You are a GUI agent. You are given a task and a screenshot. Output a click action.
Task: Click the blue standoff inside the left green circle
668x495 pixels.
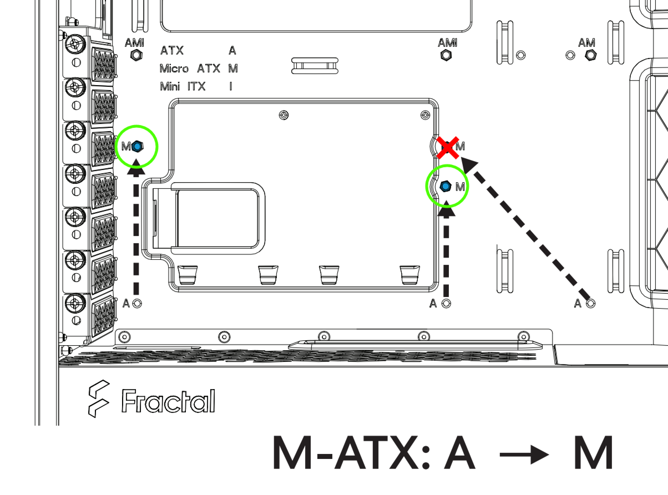137,146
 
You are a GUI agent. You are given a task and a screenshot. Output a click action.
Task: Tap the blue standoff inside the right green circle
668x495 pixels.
445,186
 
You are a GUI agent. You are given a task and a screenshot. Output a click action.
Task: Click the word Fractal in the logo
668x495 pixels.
168,401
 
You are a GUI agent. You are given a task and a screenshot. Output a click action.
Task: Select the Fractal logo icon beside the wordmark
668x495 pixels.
99,398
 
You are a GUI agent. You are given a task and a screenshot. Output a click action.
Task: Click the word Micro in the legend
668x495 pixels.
174,68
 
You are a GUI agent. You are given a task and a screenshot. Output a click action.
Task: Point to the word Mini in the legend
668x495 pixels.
169,87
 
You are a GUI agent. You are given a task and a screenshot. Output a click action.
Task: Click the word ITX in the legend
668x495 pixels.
197,87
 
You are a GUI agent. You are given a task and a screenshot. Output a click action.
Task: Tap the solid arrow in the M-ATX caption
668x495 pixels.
524,455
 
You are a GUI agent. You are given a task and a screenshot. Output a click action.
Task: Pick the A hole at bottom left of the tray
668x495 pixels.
137,304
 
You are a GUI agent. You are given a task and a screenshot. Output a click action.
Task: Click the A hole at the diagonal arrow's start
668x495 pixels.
591,304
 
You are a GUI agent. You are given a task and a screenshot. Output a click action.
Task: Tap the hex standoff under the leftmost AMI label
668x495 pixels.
137,55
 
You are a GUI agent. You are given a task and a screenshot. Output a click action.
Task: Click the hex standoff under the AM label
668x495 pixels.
591,55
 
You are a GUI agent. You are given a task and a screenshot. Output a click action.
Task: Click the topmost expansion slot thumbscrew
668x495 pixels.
75,44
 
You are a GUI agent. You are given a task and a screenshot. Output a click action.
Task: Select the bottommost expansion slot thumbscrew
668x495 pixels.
75,303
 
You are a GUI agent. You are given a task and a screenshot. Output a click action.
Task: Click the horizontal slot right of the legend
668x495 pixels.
315,66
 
